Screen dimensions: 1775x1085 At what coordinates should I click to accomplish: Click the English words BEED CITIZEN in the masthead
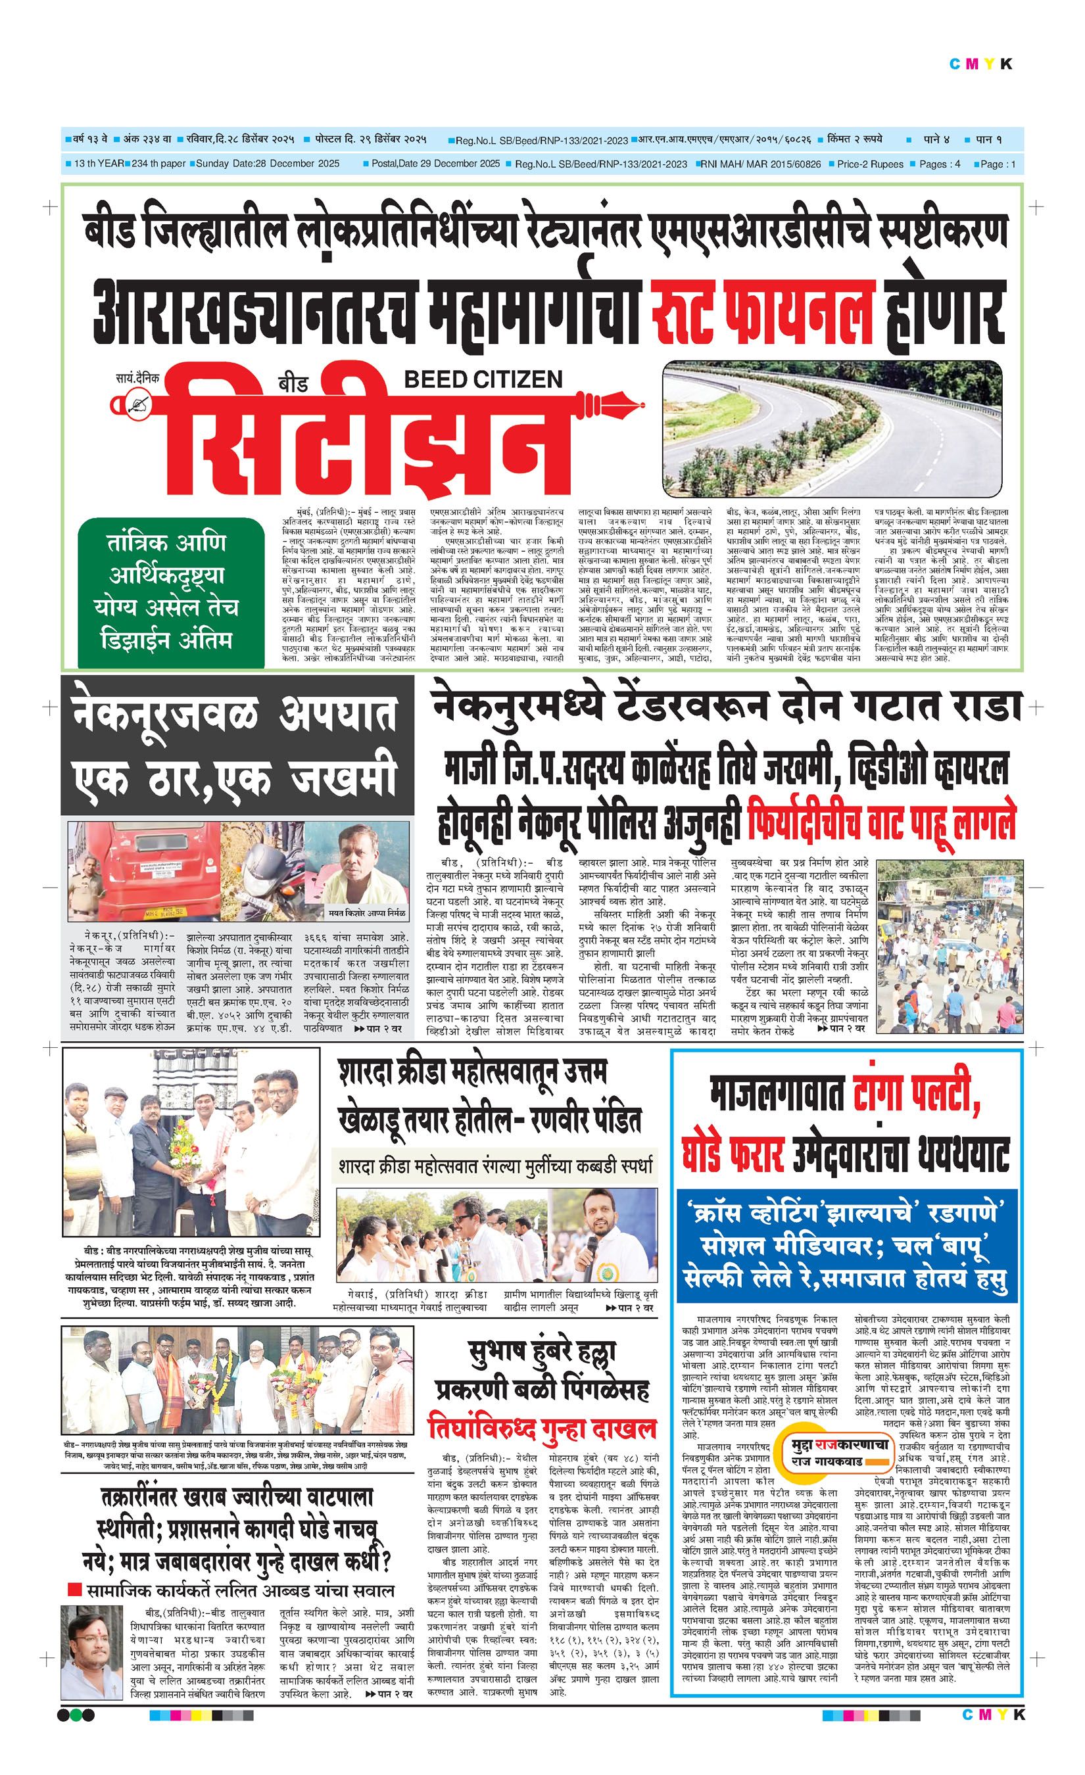click(x=483, y=379)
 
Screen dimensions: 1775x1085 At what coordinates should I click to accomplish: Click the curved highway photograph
click(x=831, y=429)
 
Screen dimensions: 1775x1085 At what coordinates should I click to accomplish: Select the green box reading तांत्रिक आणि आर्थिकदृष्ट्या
click(x=170, y=592)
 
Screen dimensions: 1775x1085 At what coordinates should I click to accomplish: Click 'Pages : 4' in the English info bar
click(x=940, y=164)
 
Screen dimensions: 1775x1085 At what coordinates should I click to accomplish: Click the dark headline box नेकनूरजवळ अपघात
click(x=237, y=745)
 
